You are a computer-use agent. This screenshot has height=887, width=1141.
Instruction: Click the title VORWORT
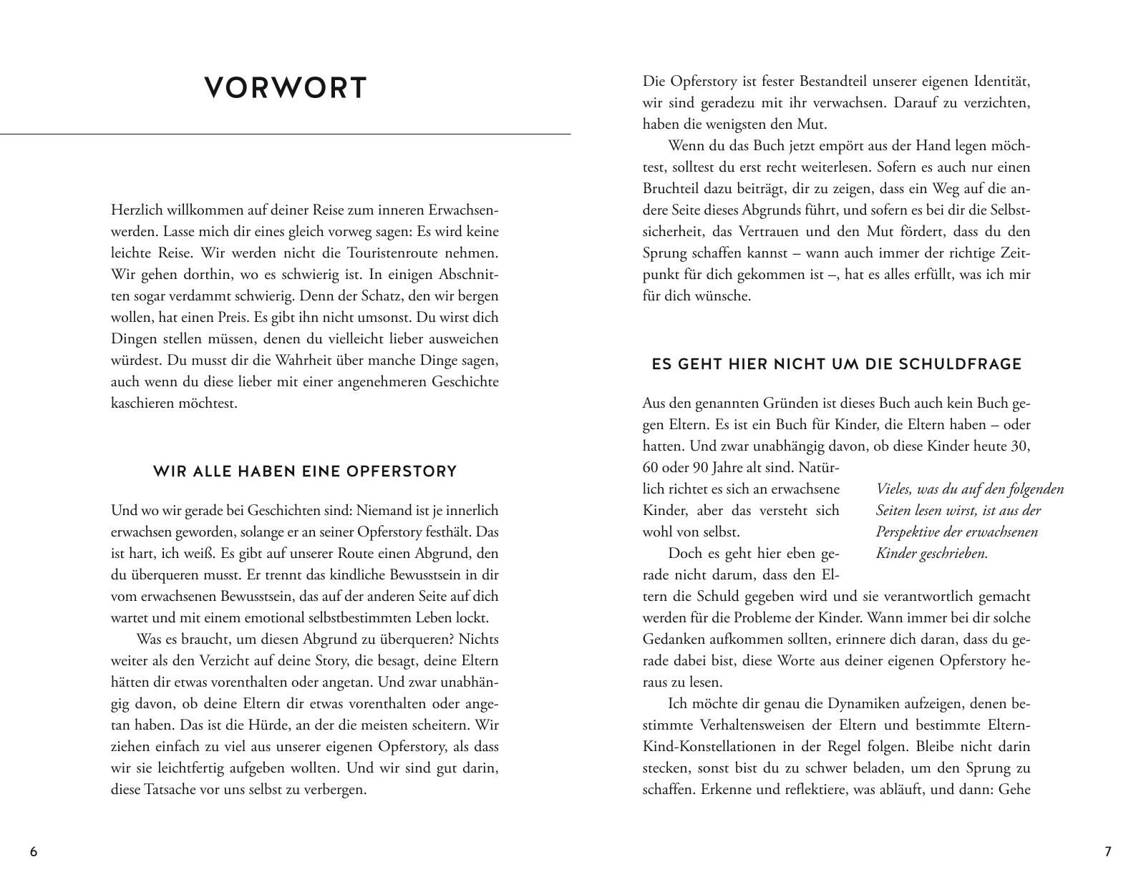tap(286, 88)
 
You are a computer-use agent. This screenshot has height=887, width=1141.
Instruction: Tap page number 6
tap(34, 851)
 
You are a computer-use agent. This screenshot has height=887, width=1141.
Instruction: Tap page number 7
tap(1107, 851)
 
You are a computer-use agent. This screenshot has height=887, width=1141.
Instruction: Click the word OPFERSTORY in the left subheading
tap(402, 471)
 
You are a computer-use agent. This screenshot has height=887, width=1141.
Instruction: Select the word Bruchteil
tap(672, 189)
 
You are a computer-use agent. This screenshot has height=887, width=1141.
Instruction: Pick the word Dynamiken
tap(863, 704)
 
